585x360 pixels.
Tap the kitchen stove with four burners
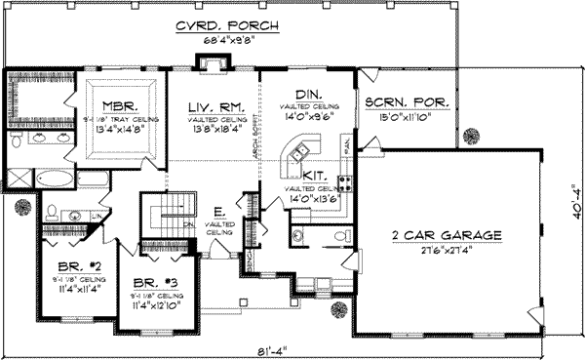[344, 180]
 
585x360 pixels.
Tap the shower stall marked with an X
[18, 179]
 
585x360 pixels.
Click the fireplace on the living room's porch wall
[207, 64]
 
